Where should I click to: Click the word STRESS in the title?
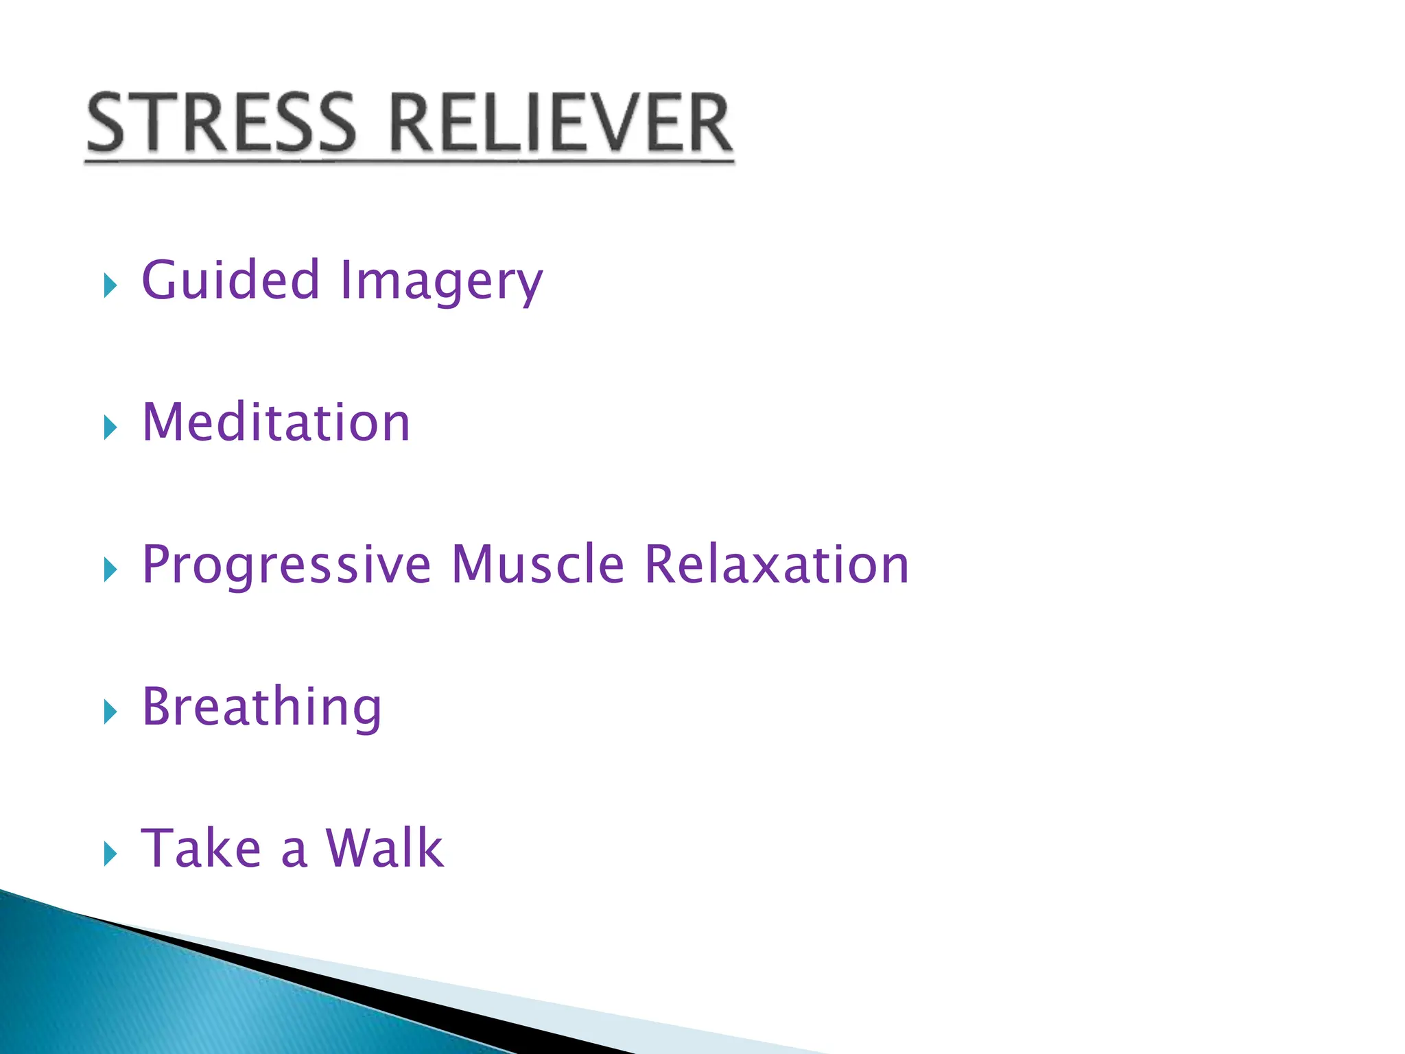(x=221, y=124)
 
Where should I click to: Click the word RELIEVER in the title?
(x=561, y=124)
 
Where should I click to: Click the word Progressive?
(x=287, y=565)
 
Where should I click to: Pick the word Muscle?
(x=538, y=564)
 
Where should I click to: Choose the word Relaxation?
(x=777, y=564)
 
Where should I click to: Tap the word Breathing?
(x=261, y=707)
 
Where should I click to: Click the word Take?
(x=201, y=849)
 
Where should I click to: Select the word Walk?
(x=384, y=849)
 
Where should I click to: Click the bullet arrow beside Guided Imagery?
(x=110, y=285)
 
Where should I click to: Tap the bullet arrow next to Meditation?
(x=110, y=427)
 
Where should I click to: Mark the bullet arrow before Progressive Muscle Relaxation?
(x=110, y=569)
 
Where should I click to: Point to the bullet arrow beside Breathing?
(x=110, y=712)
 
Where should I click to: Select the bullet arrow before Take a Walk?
(x=110, y=854)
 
